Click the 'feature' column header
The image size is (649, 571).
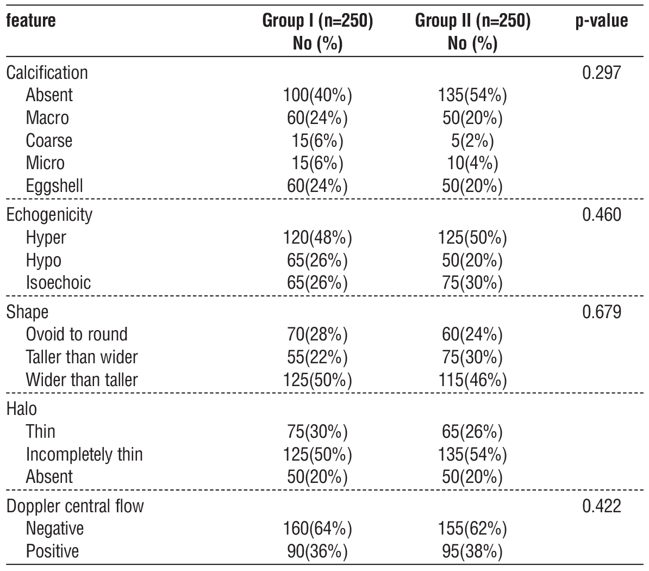(31, 21)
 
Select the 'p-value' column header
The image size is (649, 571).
(601, 21)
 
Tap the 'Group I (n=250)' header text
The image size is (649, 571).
(317, 21)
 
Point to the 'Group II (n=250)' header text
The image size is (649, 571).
(472, 21)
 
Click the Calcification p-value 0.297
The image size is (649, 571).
(601, 72)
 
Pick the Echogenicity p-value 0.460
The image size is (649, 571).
(601, 214)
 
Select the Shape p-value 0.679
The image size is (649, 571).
(601, 312)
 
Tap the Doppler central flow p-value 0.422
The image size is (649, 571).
(601, 506)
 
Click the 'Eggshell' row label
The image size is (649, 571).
(54, 185)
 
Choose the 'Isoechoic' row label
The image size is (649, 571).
(58, 282)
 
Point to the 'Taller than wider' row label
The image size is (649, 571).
(82, 357)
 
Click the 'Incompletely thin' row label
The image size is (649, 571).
(84, 454)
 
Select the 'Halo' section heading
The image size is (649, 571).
(22, 408)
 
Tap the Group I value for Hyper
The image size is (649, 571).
(317, 238)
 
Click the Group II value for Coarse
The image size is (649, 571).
(472, 141)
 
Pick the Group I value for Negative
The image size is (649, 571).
(317, 528)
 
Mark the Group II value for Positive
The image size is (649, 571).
(472, 551)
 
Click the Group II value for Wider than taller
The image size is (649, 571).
(472, 379)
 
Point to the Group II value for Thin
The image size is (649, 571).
(472, 431)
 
